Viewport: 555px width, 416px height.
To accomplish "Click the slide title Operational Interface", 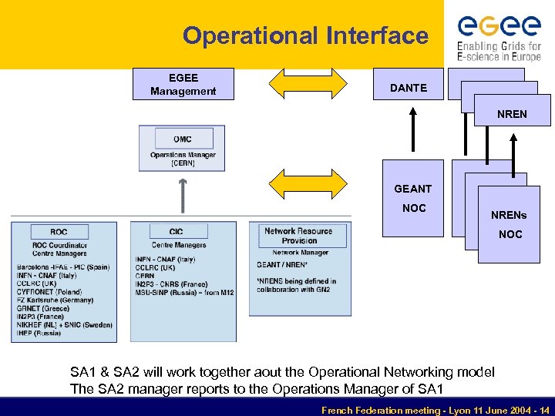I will [x=305, y=35].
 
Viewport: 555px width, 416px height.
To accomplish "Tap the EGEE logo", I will [x=499, y=35].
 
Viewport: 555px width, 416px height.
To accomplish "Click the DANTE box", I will [x=408, y=88].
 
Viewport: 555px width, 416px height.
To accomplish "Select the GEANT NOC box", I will [x=413, y=198].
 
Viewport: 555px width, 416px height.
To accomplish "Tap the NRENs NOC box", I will [x=510, y=224].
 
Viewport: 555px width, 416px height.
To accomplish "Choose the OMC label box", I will [x=183, y=139].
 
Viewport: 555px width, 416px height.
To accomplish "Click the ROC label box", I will [x=59, y=232].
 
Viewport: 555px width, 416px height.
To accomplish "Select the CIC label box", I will [x=177, y=232].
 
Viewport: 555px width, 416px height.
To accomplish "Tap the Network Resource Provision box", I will [x=298, y=235].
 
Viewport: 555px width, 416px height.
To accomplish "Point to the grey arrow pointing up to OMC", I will [x=183, y=197].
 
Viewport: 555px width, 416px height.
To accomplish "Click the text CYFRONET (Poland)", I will [x=49, y=293].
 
